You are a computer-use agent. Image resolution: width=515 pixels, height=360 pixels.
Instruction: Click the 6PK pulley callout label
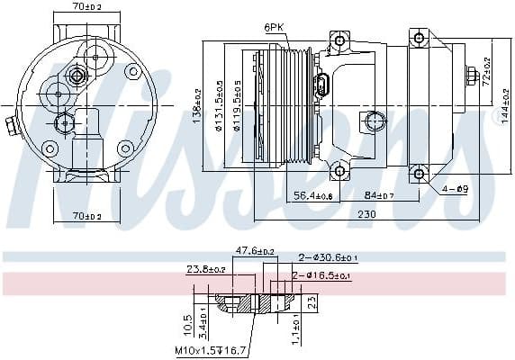[x=274, y=28]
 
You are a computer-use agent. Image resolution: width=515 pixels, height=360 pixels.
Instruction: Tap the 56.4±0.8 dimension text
[x=314, y=195]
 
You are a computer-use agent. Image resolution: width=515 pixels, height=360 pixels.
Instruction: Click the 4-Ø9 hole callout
[x=456, y=189]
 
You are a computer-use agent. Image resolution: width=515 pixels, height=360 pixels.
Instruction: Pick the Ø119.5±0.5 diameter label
[x=236, y=107]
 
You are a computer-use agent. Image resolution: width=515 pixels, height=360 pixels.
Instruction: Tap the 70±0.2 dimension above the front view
[x=87, y=7]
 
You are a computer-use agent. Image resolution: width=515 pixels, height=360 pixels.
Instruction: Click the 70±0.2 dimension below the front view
[x=87, y=215]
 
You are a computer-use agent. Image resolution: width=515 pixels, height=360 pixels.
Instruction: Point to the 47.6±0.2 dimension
[x=255, y=251]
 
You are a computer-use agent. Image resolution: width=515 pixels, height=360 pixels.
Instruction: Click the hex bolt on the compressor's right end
[x=473, y=76]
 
